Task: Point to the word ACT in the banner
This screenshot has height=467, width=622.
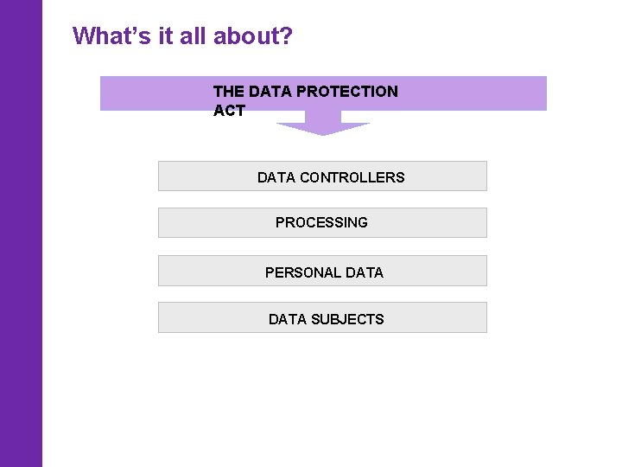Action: tap(229, 111)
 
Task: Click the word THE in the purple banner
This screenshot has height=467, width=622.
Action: tap(229, 91)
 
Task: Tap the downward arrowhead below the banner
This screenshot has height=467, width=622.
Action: tap(322, 128)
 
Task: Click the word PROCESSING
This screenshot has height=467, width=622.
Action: tap(321, 222)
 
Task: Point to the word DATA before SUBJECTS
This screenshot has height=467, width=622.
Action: tap(287, 319)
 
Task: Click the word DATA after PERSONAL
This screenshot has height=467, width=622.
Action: tap(365, 272)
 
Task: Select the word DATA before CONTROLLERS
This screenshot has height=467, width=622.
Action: tap(276, 177)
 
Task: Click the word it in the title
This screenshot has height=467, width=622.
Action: tap(165, 36)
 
